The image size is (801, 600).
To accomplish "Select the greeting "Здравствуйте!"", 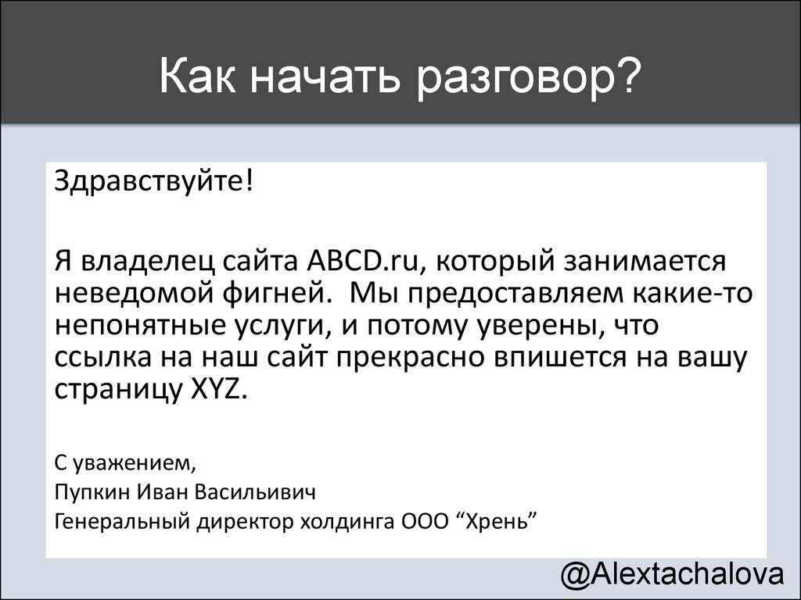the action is [x=154, y=181].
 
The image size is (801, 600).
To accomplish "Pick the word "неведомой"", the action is [x=134, y=293].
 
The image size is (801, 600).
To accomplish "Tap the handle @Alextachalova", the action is [x=672, y=574].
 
